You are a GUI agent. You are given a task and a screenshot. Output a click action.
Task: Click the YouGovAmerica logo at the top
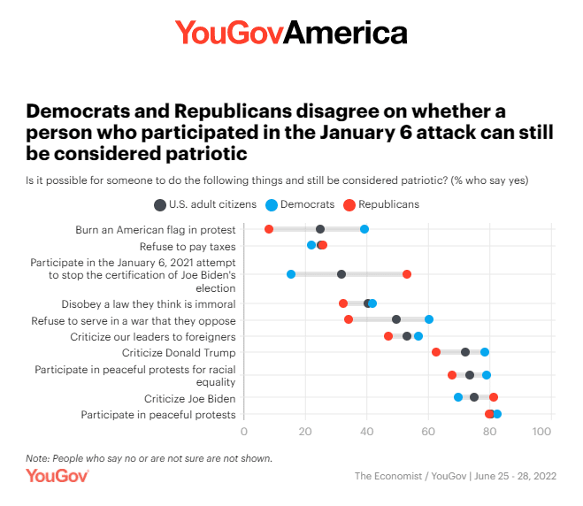[291, 33]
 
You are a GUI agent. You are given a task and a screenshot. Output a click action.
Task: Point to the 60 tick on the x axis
[429, 432]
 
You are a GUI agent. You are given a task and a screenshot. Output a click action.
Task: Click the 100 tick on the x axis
[542, 432]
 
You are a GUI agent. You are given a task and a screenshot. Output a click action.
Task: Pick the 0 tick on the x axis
[244, 432]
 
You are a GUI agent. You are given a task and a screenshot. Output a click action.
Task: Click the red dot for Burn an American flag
[269, 229]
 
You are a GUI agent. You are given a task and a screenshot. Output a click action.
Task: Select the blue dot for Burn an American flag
[364, 229]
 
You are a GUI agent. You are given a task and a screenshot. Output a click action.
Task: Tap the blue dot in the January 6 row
[291, 274]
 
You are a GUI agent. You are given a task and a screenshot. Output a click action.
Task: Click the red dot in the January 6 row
[407, 274]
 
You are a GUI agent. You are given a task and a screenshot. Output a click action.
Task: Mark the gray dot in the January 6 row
[341, 274]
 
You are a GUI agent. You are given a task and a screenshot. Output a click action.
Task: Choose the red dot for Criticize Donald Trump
[436, 352]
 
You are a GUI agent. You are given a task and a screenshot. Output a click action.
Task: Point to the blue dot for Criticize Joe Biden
[458, 397]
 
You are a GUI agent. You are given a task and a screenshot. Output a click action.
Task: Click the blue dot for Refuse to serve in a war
[429, 319]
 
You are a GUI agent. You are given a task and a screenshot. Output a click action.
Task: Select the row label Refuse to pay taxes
[188, 245]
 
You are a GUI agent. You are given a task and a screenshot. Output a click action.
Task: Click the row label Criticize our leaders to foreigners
[153, 336]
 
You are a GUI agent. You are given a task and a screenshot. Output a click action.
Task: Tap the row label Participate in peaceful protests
[158, 414]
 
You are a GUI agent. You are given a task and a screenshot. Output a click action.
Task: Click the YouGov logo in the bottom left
[57, 476]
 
